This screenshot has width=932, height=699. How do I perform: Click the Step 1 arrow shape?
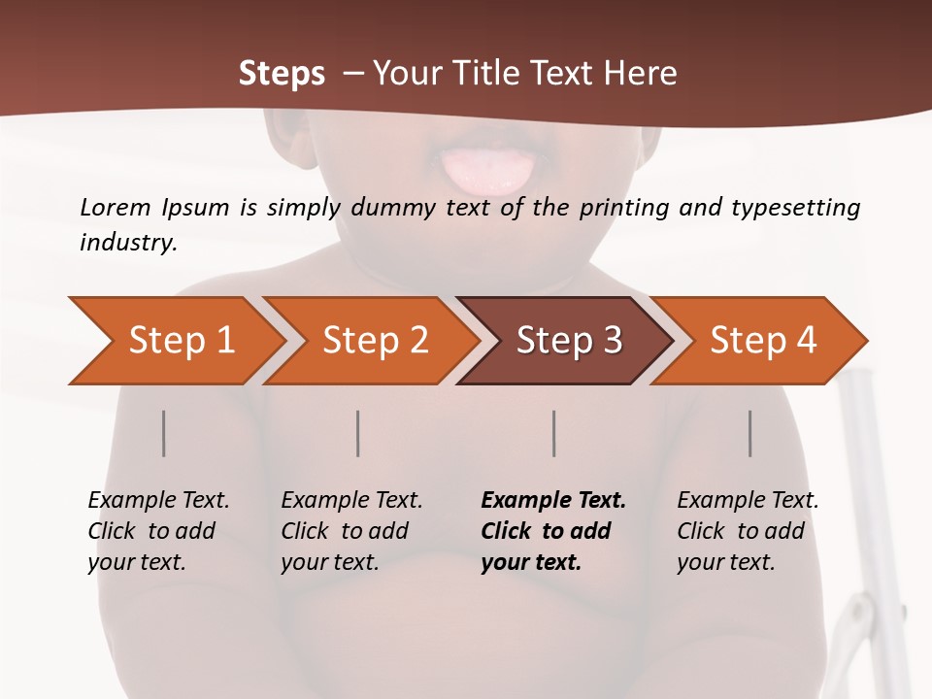tap(175, 341)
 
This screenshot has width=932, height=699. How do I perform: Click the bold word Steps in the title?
tap(282, 73)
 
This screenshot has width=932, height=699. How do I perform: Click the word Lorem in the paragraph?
tap(115, 207)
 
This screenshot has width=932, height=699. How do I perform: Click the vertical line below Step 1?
tap(164, 433)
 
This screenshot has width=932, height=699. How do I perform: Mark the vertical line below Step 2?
tap(358, 433)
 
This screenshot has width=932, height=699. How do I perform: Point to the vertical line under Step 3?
tap(553, 433)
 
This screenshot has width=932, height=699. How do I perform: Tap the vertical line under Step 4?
tap(750, 433)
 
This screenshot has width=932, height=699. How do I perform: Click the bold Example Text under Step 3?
tap(553, 501)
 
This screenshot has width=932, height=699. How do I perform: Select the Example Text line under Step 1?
tap(158, 501)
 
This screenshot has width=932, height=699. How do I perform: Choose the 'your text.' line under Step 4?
tap(725, 562)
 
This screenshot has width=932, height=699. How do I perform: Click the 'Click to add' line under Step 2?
tap(345, 531)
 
